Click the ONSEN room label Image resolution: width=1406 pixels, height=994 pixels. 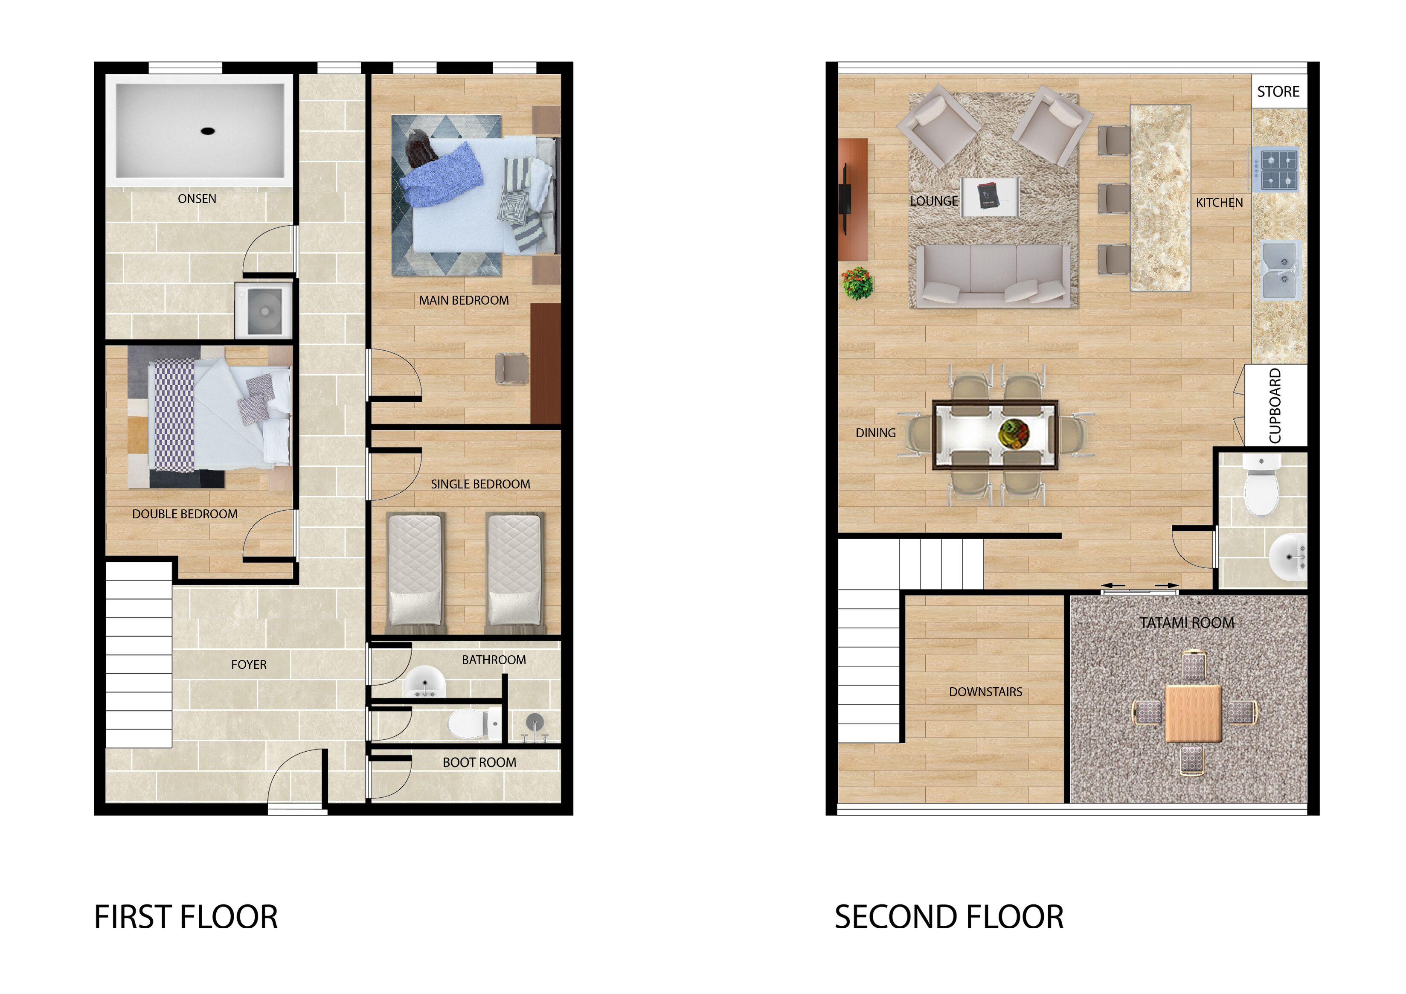[197, 198]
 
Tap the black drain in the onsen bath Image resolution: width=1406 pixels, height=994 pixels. [208, 131]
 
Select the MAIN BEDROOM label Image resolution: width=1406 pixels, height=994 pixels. [464, 300]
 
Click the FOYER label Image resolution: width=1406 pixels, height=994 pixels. [249, 665]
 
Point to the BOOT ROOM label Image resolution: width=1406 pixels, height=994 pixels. [479, 762]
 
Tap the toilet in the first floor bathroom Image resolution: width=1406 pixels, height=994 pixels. [474, 724]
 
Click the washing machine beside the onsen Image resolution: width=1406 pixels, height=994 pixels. [264, 311]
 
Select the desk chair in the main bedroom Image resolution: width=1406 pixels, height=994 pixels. [511, 369]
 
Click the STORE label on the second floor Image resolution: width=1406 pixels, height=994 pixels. [1278, 92]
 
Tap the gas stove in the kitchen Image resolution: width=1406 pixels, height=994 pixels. [1274, 169]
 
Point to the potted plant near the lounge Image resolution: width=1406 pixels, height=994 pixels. [857, 283]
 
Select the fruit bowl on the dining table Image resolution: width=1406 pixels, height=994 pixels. [1014, 433]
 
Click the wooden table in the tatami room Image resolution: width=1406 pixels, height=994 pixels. [1194, 713]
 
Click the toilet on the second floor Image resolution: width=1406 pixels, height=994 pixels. [1261, 485]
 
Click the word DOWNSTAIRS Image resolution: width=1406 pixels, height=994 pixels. [985, 692]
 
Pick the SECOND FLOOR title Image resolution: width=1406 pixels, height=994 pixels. [949, 918]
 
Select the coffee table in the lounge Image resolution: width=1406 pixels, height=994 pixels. [990, 197]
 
